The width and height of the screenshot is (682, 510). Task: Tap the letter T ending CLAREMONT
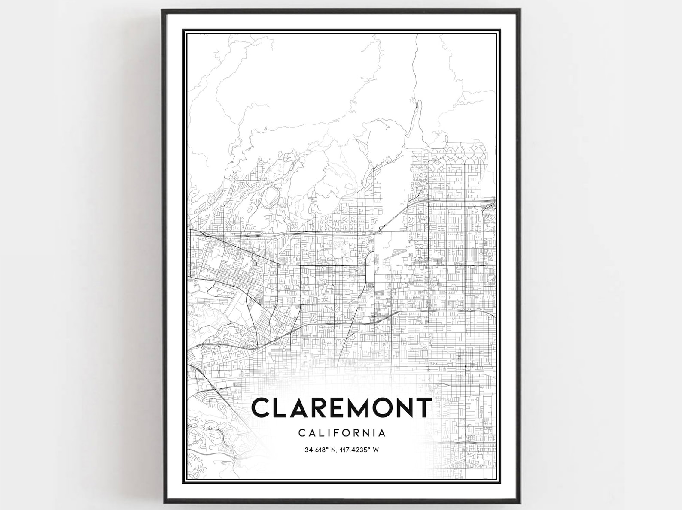click(422, 408)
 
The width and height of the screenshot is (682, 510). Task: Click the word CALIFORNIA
click(341, 432)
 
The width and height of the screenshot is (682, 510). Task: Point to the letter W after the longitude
click(376, 450)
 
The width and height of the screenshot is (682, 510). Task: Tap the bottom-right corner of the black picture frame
click(520, 502)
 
